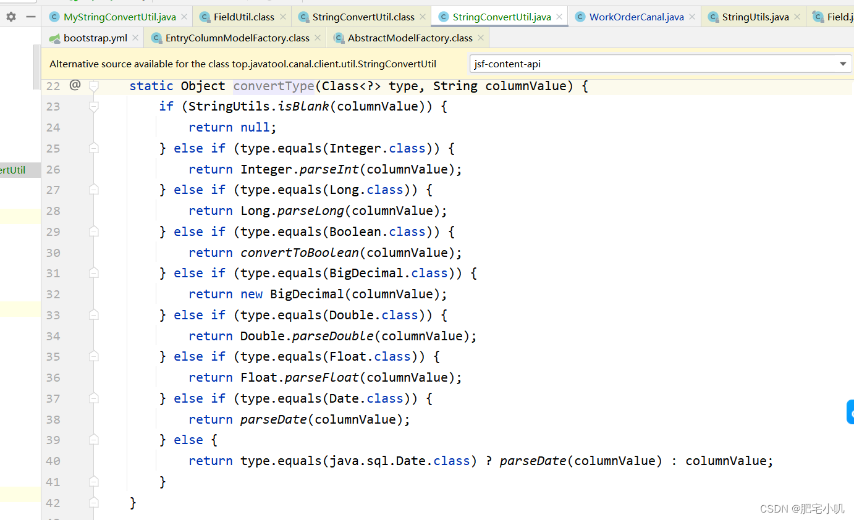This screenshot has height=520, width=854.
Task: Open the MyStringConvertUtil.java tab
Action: pyautogui.click(x=119, y=17)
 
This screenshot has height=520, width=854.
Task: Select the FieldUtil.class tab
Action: pyautogui.click(x=243, y=17)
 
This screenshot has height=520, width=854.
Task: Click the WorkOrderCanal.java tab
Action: pyautogui.click(x=636, y=17)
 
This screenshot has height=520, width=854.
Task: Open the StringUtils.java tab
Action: pyautogui.click(x=755, y=17)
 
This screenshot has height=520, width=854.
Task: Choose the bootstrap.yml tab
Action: pyautogui.click(x=95, y=38)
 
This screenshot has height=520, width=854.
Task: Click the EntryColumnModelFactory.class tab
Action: pyautogui.click(x=237, y=38)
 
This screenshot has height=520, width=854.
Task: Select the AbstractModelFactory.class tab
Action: pyautogui.click(x=410, y=38)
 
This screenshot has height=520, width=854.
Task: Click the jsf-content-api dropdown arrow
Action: pyautogui.click(x=843, y=64)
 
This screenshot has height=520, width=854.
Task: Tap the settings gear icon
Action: pyautogui.click(x=11, y=17)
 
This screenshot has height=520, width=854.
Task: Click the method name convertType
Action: pyautogui.click(x=274, y=86)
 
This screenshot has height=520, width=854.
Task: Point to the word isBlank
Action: pyautogui.click(x=303, y=106)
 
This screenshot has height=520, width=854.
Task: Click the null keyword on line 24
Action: pyautogui.click(x=255, y=127)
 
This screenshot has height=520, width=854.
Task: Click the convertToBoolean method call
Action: pyautogui.click(x=300, y=253)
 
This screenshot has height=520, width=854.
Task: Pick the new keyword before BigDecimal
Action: pyautogui.click(x=252, y=294)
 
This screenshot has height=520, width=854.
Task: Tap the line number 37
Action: pyautogui.click(x=53, y=398)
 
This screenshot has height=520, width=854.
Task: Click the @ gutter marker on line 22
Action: pyautogui.click(x=75, y=85)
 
